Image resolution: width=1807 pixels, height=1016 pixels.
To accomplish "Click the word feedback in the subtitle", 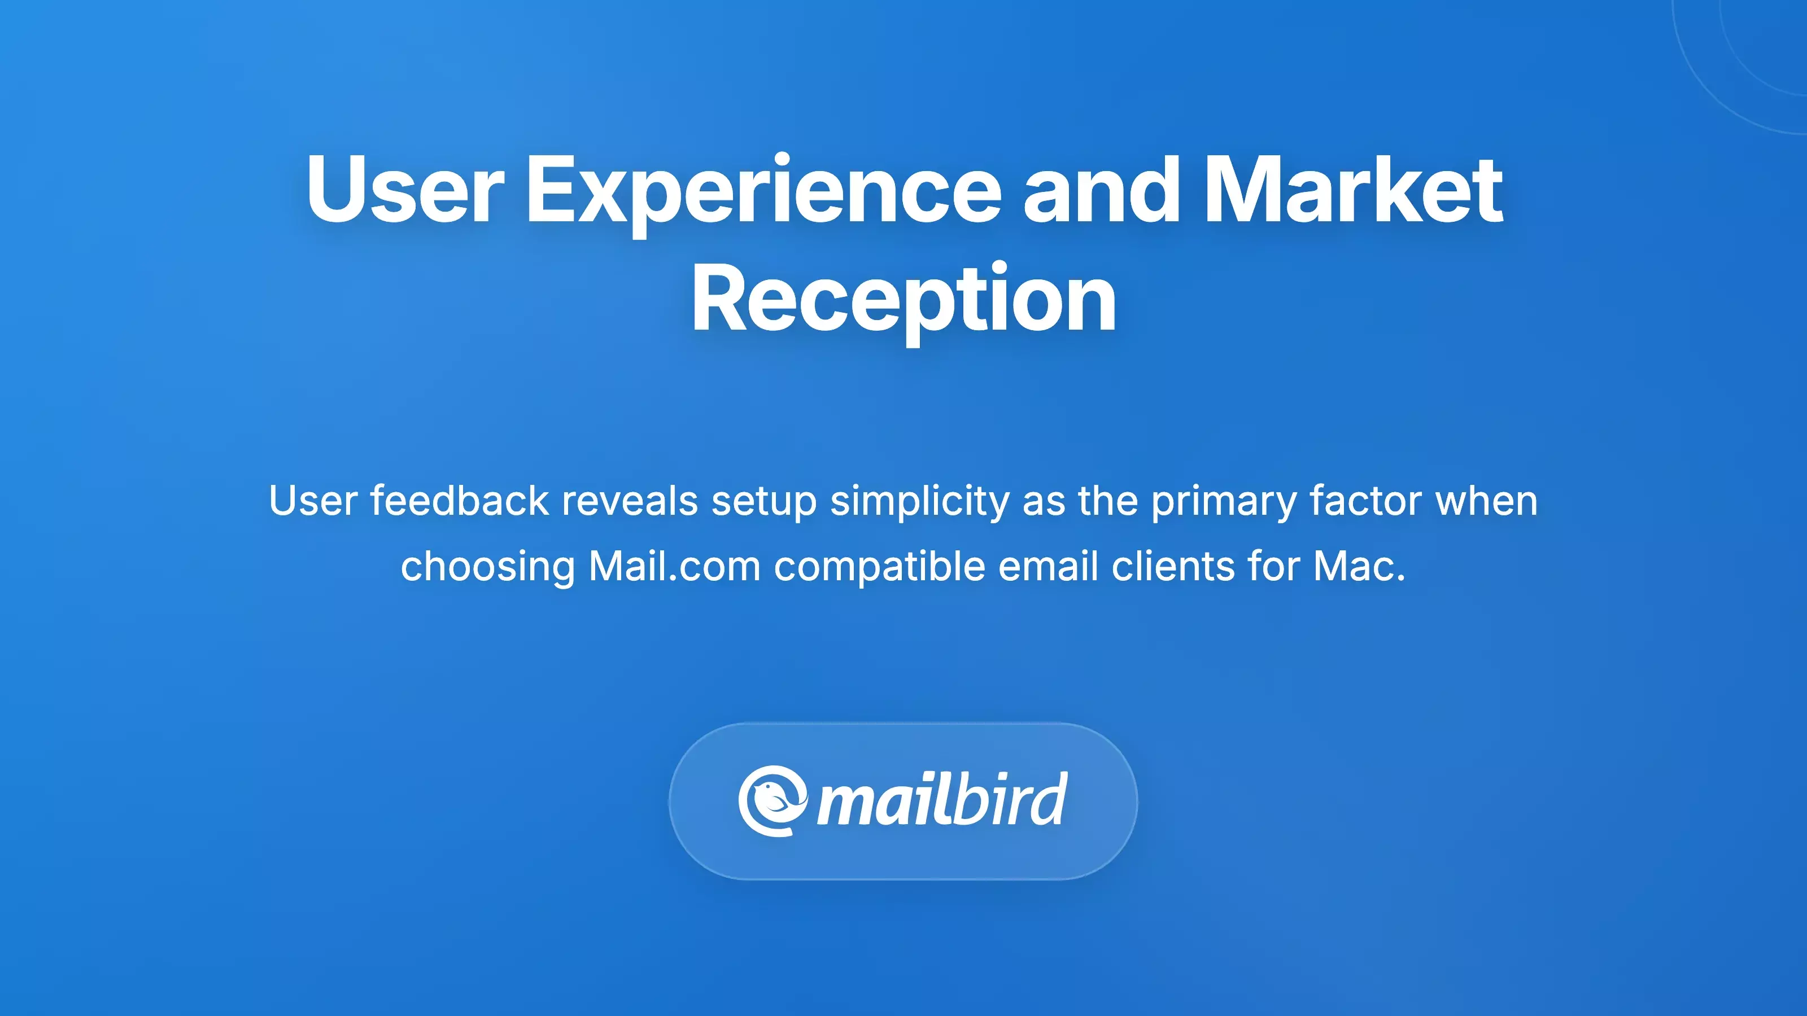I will tap(460, 501).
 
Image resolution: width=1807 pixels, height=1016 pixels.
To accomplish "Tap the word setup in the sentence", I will tap(764, 502).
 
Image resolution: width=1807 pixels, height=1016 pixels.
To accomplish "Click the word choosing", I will tap(487, 567).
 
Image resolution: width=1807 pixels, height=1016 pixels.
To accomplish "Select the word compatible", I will tap(880, 567).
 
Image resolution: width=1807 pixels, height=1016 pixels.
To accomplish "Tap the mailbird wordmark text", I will tap(942, 801).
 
